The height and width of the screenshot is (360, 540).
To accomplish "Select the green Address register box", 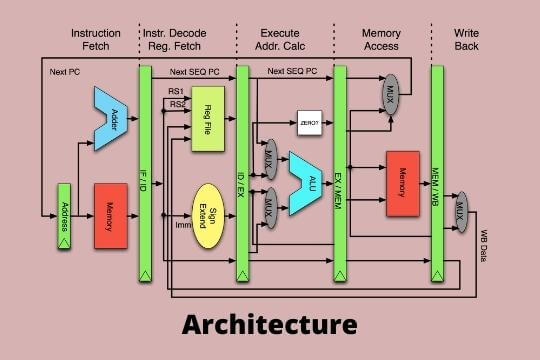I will click(63, 215).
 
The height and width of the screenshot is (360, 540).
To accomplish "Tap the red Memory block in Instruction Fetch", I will click(111, 215).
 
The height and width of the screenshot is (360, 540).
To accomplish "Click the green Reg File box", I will click(208, 119).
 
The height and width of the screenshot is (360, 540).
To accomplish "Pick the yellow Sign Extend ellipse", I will click(209, 214).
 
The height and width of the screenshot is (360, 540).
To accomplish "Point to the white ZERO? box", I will click(308, 123).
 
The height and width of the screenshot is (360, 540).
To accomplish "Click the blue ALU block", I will click(302, 183).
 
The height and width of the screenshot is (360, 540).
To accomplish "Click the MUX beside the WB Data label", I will click(461, 211).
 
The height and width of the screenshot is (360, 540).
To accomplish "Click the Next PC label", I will click(64, 72).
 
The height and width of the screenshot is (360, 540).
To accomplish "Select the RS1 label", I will click(175, 91).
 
